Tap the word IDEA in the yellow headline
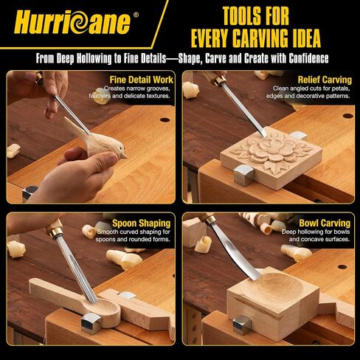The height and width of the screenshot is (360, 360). coord(305,38)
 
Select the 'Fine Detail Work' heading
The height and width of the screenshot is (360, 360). coord(142,80)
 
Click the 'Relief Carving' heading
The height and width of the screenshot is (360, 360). coord(325,80)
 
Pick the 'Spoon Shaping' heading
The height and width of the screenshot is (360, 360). coord(142,224)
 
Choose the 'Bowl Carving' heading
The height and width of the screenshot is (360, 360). coord(325,223)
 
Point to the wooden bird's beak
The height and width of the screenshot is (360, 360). coord(124,156)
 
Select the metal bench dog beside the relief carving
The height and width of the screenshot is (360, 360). coord(243,175)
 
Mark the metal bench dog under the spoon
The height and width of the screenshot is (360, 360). coord(91,322)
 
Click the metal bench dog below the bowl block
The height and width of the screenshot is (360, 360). coord(242,325)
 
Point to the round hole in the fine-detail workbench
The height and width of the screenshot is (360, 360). coord(165,120)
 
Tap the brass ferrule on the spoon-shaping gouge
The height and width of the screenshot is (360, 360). coord(55,232)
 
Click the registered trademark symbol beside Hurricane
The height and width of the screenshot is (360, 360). coord(136,15)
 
